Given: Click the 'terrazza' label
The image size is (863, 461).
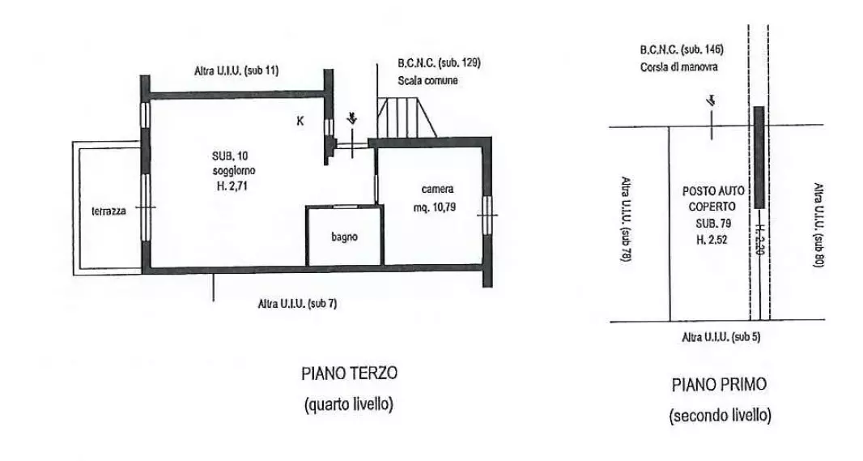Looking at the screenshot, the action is (x=109, y=211).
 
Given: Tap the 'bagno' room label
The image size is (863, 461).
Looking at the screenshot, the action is (x=345, y=237).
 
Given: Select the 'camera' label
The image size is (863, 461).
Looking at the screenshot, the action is (x=437, y=190).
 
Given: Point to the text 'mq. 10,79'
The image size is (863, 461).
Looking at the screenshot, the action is (x=434, y=207).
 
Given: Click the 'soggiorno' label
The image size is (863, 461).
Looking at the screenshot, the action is (x=234, y=170).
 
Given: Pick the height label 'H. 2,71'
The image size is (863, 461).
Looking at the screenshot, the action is (x=232, y=186).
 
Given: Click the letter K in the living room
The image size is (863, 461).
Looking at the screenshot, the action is (x=300, y=122).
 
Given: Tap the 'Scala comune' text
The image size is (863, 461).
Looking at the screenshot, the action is (x=427, y=80).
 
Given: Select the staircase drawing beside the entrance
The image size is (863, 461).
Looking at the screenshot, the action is (x=406, y=117).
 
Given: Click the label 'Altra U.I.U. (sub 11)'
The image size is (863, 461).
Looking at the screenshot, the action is (x=236, y=70).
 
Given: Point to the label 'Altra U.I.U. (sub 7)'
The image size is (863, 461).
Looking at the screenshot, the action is (x=297, y=304).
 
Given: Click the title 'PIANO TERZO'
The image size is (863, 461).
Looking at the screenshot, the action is (x=350, y=373).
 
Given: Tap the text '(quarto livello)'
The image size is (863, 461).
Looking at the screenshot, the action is (x=349, y=404).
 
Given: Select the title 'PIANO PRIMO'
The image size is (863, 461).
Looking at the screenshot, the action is (x=720, y=385).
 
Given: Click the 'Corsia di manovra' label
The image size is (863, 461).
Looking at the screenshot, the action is (x=679, y=67).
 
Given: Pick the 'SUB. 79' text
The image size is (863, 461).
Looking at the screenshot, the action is (x=713, y=224).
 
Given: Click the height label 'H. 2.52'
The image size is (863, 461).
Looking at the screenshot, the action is (x=712, y=240).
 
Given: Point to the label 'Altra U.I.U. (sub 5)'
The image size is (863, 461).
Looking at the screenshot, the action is (x=721, y=337).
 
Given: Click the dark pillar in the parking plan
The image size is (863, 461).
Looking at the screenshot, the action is (x=759, y=157).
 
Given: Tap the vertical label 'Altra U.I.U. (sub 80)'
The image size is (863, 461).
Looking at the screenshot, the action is (x=818, y=225).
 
